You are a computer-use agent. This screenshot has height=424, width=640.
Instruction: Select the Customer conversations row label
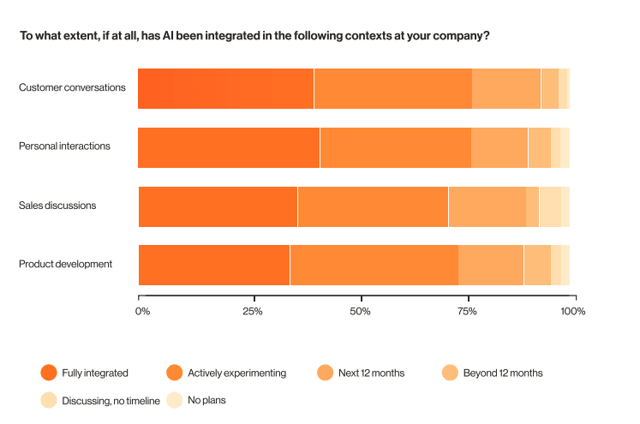(72, 87)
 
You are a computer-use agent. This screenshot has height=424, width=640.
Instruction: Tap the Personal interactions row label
(64, 146)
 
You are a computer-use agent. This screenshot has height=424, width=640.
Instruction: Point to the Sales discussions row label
(57, 206)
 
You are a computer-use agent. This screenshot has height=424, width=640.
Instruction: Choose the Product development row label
(65, 264)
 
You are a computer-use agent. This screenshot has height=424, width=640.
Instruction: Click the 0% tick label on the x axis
(142, 311)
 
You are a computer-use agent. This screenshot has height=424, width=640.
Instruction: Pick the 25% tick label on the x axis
(251, 311)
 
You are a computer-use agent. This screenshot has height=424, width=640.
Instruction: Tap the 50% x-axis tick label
(361, 311)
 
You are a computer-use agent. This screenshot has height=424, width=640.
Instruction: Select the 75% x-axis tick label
(467, 311)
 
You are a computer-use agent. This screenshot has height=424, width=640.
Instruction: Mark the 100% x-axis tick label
(573, 311)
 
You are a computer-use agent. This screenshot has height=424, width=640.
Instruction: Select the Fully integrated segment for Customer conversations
(226, 88)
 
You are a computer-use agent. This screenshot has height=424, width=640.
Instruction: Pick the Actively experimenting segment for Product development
(374, 265)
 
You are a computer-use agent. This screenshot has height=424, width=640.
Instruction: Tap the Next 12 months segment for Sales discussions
(487, 206)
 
